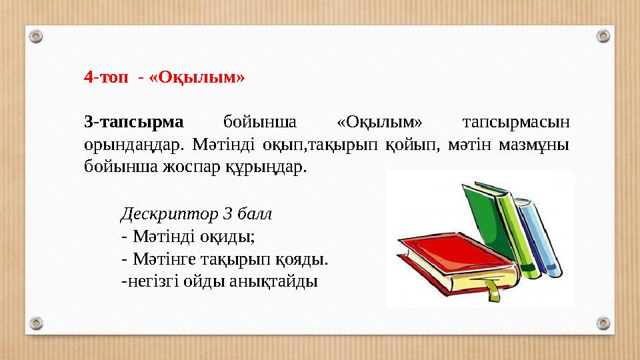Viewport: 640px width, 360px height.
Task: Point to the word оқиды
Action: [230, 236]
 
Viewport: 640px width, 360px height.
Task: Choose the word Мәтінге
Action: [163, 258]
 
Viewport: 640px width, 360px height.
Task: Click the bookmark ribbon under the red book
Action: [492, 288]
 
